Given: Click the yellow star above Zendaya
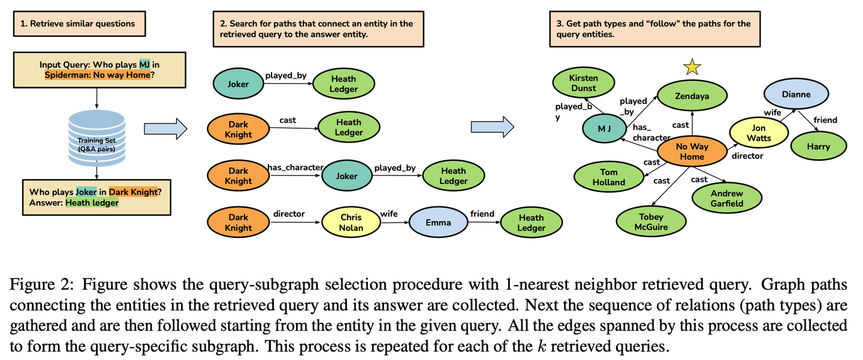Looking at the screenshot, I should coord(692,67).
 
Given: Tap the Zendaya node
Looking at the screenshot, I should coord(692,96).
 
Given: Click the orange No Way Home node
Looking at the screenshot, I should coord(693,152).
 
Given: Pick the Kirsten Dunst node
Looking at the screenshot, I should coord(583,83).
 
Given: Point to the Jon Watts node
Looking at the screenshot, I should coord(759,132).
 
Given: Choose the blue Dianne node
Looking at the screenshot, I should coord(795,94).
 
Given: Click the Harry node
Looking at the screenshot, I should coord(818,146).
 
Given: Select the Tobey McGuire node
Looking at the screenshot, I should coord(651,222).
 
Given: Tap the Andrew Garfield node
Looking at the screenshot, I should coord(726,198).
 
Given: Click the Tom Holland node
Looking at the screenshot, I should coord(609,177).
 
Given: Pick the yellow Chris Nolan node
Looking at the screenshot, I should coord(351,222).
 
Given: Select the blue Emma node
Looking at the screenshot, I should coord(438,222).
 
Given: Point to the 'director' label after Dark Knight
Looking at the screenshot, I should coord(289,213).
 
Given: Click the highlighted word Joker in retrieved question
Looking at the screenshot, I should coord(86,192).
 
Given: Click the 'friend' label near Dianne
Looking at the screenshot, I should coord(825,120).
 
